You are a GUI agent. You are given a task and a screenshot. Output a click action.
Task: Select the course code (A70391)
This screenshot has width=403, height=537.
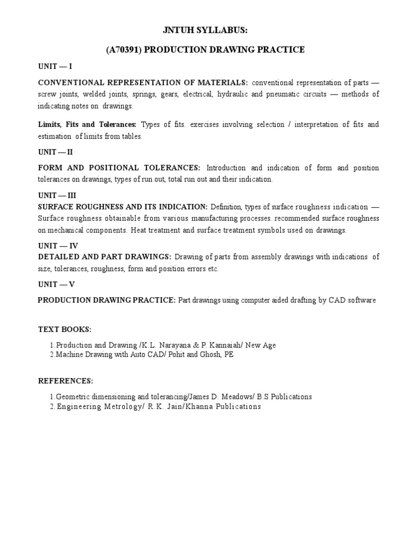(x=123, y=50)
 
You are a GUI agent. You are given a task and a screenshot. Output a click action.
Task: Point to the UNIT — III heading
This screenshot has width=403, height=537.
(x=58, y=196)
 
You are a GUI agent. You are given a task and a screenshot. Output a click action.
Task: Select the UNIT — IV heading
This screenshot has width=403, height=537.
(x=58, y=245)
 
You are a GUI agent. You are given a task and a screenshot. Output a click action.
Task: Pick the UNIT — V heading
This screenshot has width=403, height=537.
(x=56, y=284)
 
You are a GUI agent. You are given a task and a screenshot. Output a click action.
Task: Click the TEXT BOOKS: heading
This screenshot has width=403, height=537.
(x=65, y=329)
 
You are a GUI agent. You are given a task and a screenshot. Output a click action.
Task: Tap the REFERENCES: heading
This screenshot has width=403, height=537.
(x=66, y=380)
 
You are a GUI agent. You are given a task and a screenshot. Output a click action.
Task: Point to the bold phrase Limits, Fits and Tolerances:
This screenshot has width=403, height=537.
(x=87, y=125)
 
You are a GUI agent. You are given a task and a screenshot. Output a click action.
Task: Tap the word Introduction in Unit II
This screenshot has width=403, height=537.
(x=226, y=168)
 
